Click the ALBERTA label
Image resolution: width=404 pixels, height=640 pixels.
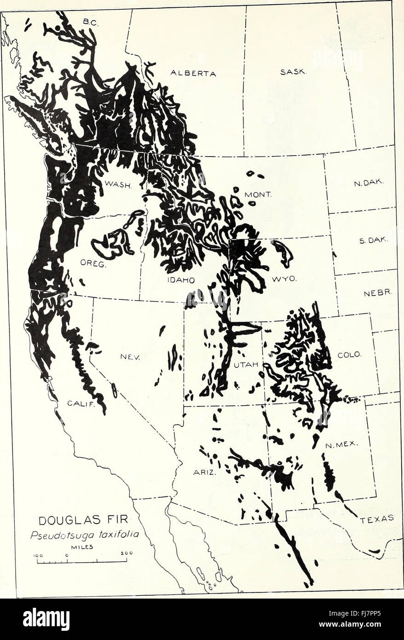193,73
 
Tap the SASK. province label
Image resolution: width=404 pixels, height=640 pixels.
290,72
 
